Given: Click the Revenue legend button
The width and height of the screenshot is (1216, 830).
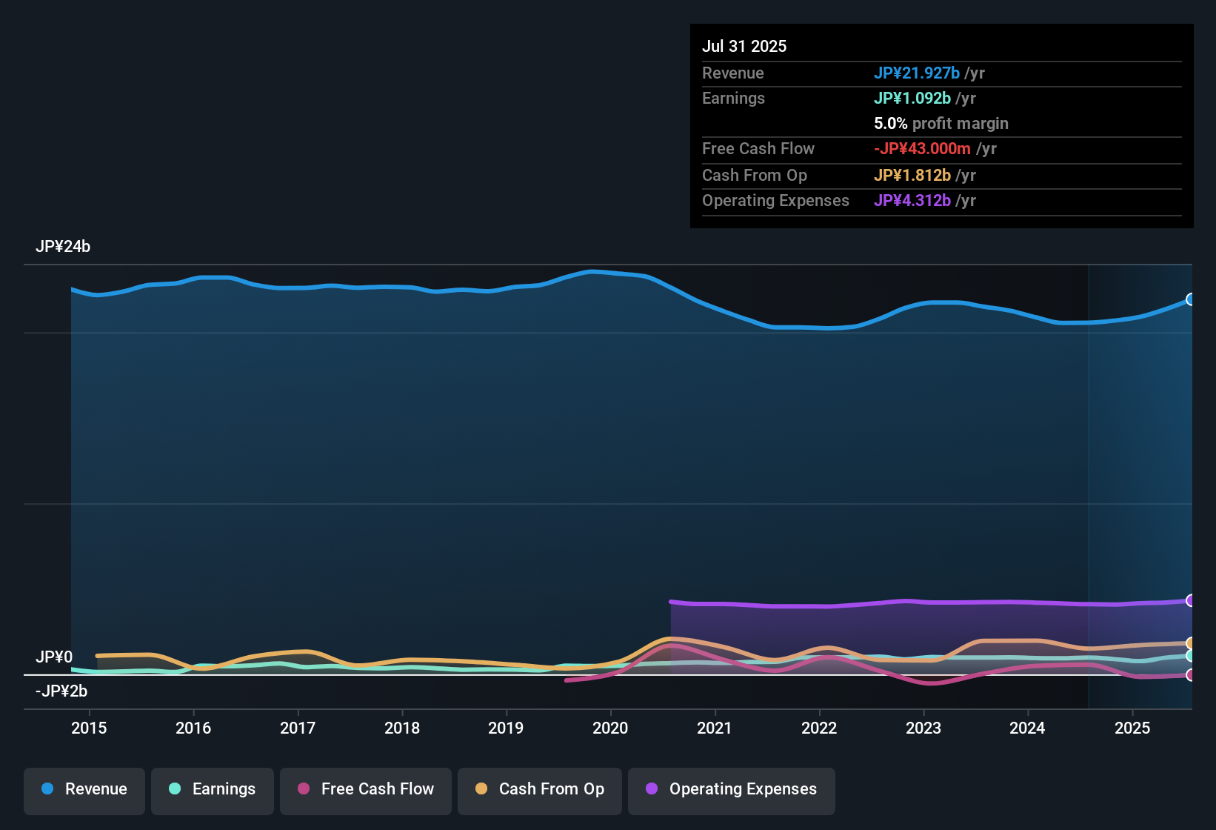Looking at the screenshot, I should click(84, 789).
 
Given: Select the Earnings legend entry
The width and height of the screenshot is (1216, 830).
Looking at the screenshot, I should click(213, 789).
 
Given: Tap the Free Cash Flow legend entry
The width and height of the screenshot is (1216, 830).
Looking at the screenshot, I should click(366, 789).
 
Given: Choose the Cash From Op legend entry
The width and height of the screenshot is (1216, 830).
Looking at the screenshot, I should click(540, 789).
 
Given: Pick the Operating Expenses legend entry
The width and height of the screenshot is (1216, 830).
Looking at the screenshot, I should click(732, 789).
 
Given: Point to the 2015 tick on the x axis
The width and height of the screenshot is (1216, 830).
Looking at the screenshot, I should click(89, 728).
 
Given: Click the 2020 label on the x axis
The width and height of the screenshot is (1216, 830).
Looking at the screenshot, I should click(610, 728).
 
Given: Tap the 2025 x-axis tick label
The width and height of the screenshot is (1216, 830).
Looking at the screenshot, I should click(1132, 728).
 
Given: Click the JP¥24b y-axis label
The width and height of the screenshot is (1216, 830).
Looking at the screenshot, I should click(63, 247).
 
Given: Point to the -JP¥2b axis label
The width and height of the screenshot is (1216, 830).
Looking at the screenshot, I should click(61, 691).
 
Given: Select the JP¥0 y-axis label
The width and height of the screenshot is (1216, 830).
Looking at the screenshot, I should click(54, 657).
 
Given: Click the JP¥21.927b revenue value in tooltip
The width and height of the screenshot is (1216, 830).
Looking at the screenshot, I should click(916, 73).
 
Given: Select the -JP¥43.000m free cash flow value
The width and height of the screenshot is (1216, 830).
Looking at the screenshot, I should click(922, 149).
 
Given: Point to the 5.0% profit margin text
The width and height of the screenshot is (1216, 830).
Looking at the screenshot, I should click(941, 124).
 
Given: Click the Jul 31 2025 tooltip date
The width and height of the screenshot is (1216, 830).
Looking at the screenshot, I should click(744, 46).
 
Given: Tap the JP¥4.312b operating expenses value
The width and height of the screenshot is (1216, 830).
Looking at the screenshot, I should click(912, 201).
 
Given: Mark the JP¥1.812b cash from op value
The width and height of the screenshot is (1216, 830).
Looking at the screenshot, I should click(912, 176).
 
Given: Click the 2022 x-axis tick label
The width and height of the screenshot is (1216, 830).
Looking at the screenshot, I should click(819, 728).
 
